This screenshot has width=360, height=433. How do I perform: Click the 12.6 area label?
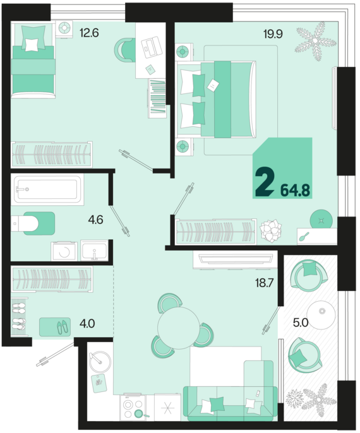89,33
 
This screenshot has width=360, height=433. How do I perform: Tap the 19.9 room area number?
273,34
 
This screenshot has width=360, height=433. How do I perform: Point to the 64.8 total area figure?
295,190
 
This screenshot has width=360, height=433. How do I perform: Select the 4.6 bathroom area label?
95,220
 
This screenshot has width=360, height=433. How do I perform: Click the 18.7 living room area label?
265,283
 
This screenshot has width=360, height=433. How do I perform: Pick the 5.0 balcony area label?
301,323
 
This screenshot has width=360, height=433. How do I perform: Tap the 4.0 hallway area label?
87,323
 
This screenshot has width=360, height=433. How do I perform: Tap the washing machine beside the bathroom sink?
64,251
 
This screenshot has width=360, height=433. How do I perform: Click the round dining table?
178,328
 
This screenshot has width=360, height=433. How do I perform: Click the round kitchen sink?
100,362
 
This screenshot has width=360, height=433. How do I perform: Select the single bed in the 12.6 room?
33,60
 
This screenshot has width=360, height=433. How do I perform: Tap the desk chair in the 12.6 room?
124,50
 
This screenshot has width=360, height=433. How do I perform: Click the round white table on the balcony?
321,314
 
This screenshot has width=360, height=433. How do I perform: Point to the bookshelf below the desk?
157,98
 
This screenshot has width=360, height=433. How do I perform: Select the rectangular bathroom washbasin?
94,251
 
